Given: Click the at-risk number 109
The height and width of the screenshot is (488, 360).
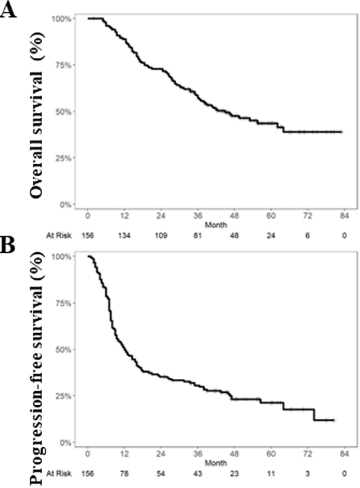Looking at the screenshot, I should [160, 235].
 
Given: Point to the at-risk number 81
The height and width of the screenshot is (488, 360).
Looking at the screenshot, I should [197, 235].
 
